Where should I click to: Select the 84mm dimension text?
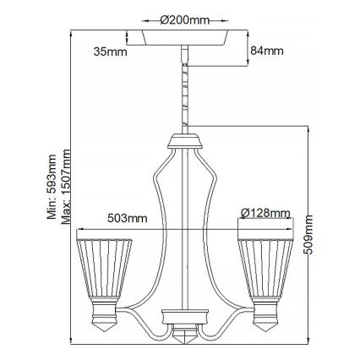point(265,52)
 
